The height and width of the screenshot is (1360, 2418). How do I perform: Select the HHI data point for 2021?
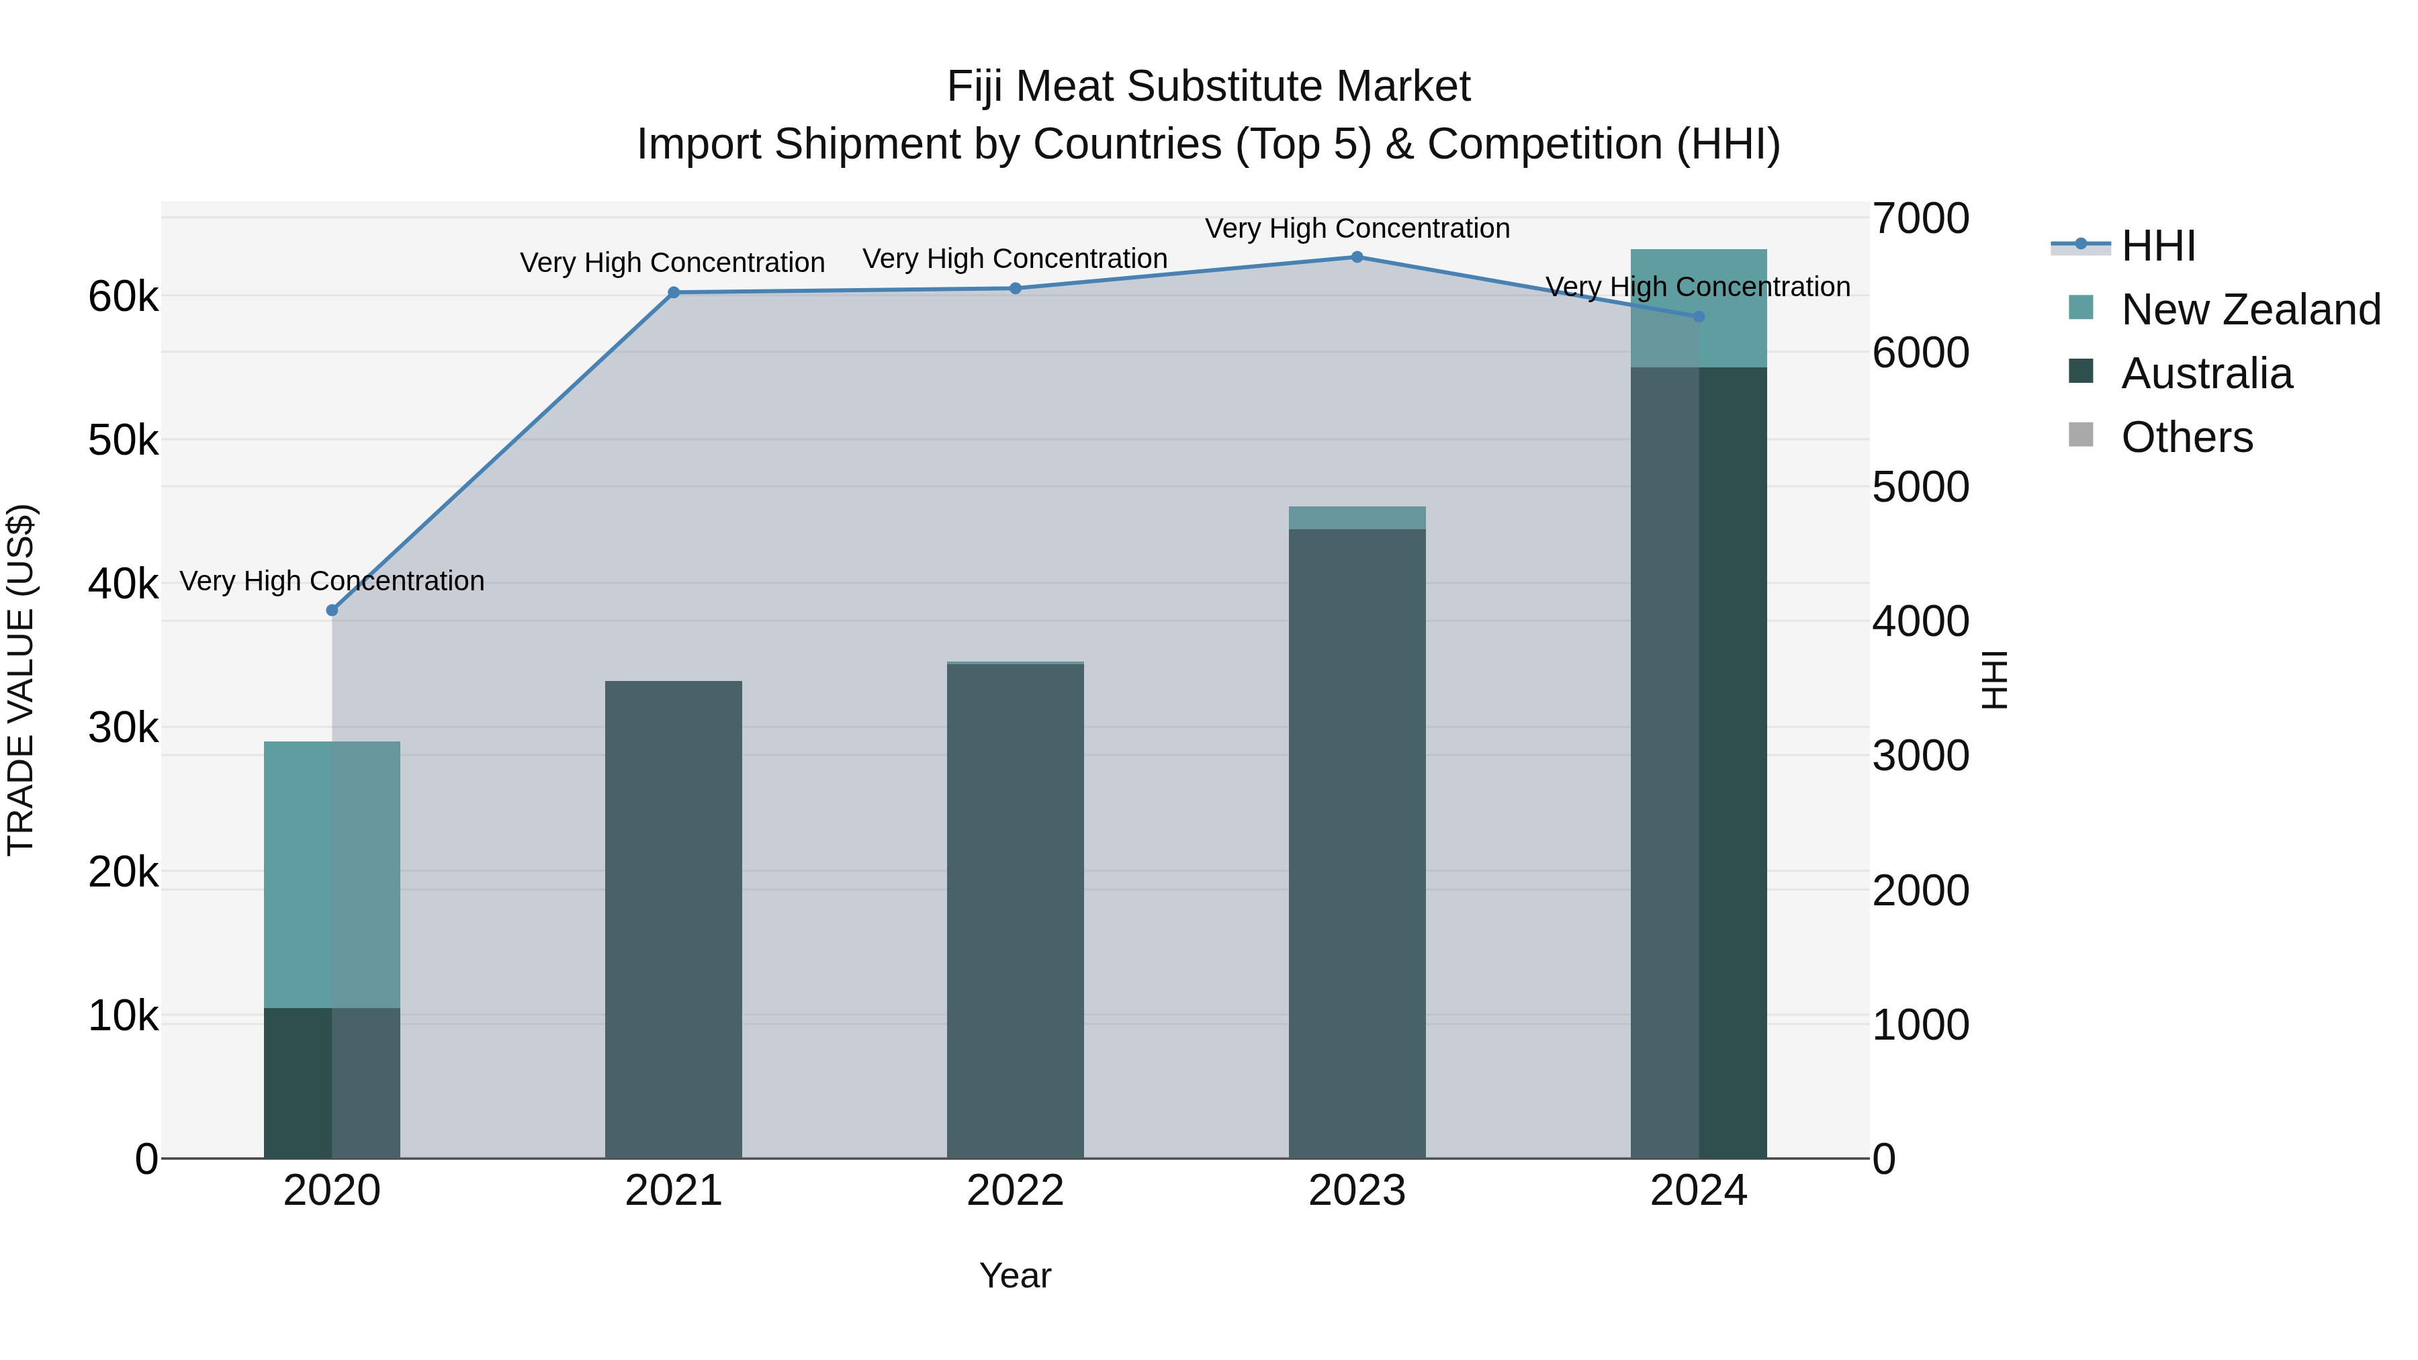(673, 292)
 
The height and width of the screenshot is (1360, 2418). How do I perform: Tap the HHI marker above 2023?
(1356, 257)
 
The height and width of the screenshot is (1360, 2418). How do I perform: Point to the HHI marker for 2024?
(1698, 316)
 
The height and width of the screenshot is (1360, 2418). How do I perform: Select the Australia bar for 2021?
(673, 920)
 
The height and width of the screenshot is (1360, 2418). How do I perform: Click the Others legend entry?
(2186, 437)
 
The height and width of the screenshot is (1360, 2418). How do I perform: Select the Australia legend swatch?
(2081, 371)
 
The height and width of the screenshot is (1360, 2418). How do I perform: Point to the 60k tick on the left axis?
(123, 297)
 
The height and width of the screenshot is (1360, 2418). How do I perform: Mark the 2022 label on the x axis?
(1015, 1190)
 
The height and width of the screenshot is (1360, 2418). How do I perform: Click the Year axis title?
(1015, 1275)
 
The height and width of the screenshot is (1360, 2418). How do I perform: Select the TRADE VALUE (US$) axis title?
(21, 680)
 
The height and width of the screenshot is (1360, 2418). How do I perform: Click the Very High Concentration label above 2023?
(1356, 228)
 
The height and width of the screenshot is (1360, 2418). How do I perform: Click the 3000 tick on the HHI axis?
(1920, 756)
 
